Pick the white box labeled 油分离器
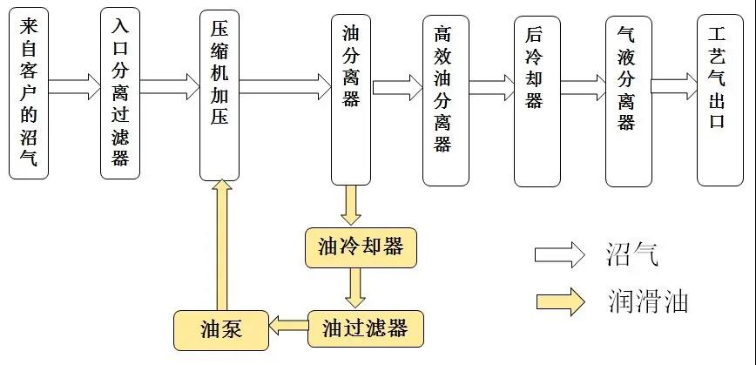351,98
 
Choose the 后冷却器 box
537,100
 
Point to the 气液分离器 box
628,100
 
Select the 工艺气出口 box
719,100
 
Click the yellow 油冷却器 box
361,247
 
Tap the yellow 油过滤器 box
365,328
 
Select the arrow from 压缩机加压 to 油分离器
285,88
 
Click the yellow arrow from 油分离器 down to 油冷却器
351,205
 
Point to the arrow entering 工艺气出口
674,86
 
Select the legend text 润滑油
648,301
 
